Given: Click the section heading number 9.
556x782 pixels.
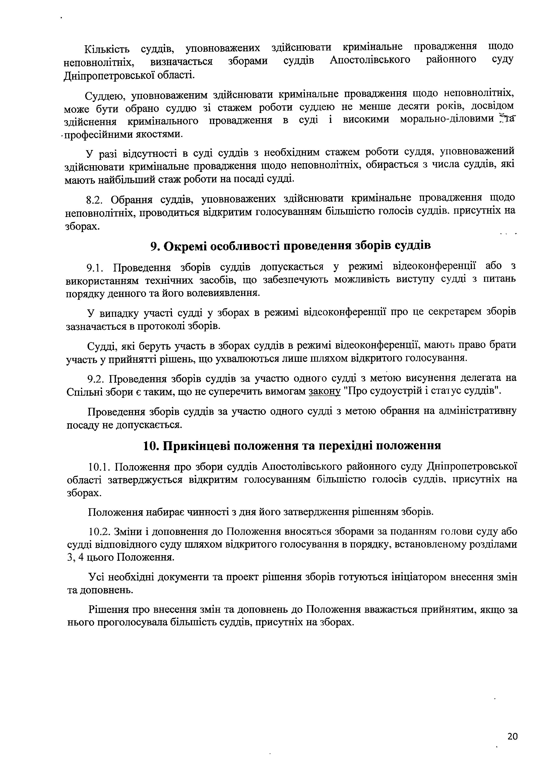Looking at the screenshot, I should point(153,246).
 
